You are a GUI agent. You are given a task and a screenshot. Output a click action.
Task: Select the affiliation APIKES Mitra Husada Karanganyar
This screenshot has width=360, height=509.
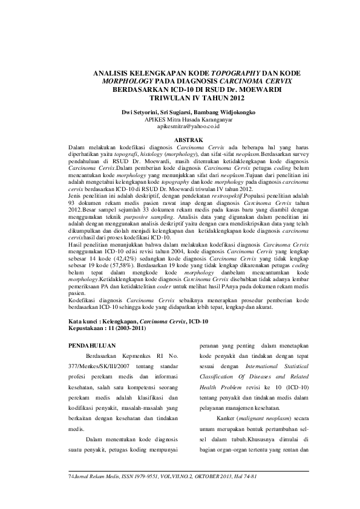point(188,120)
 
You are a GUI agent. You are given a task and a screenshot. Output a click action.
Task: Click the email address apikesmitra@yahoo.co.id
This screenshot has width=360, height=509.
point(188,127)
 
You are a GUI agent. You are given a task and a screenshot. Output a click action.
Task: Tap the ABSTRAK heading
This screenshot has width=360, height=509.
point(188,140)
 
